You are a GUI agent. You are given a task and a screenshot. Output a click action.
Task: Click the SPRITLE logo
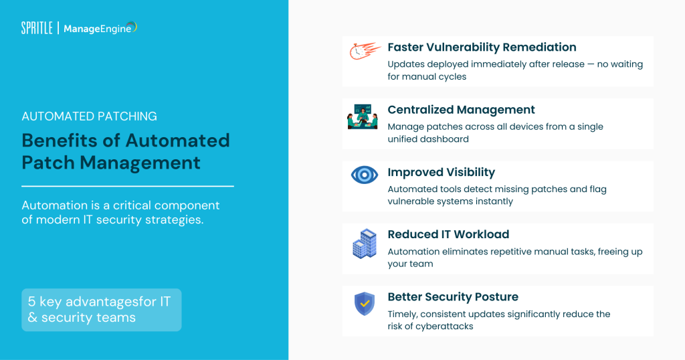point(36,28)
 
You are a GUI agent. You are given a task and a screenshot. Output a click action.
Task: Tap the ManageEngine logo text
point(98,28)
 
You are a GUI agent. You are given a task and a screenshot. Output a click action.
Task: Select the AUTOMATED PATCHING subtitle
point(89,116)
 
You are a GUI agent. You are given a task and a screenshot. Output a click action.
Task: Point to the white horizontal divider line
point(127,186)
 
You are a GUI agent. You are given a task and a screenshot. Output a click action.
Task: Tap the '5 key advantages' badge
point(101,310)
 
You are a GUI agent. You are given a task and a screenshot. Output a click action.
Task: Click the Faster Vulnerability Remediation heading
point(482,48)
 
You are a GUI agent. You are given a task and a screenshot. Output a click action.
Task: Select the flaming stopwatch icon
point(365,51)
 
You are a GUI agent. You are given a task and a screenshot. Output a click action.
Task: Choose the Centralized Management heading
point(461,110)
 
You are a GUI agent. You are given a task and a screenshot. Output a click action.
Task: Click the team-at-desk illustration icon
point(363,116)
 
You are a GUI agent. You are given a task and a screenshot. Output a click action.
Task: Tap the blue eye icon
point(365,175)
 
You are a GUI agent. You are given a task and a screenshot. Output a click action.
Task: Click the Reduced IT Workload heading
point(448,234)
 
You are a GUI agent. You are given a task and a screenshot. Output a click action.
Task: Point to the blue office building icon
point(365,244)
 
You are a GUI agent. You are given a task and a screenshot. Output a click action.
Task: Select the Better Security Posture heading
point(453,297)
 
